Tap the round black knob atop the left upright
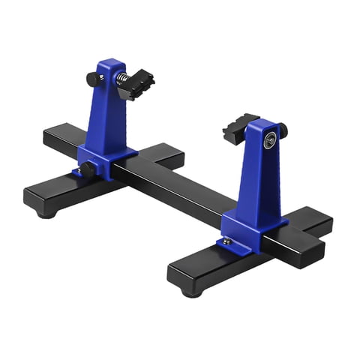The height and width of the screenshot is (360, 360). pyautogui.click(x=92, y=78)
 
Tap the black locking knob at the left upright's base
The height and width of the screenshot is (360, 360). pyautogui.click(x=87, y=169)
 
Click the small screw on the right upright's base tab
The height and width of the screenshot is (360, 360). pyautogui.click(x=226, y=242)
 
